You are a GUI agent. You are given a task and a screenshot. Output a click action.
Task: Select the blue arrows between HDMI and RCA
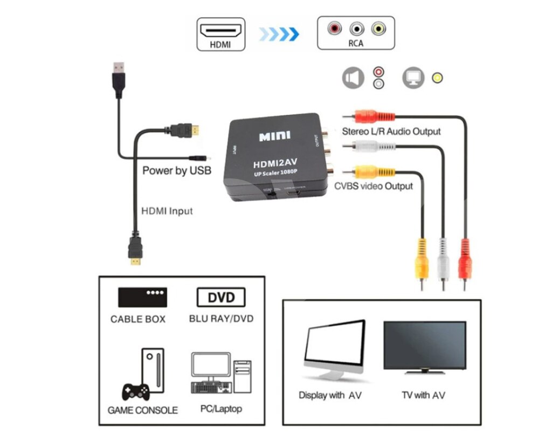(279, 35)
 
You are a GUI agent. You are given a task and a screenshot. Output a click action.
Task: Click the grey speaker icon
(353, 78)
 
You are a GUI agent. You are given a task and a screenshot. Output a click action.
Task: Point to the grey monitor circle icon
(413, 78)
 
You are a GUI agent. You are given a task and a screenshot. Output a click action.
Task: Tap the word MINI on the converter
(274, 136)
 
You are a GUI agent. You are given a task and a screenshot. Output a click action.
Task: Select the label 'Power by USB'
(176, 171)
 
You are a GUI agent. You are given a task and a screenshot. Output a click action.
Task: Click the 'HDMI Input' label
(167, 211)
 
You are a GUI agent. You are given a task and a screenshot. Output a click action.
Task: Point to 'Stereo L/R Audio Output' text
(391, 132)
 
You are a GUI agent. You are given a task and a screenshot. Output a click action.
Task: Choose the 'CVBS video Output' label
(374, 187)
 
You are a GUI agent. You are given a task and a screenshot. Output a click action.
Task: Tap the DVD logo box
(221, 297)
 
